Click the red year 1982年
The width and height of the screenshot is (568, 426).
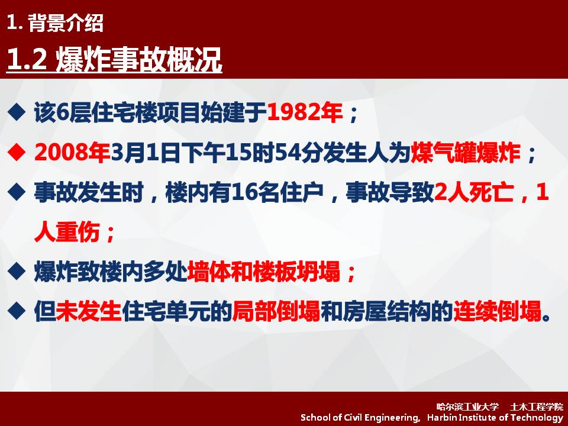click(x=305, y=112)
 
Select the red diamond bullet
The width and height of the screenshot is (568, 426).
click(x=17, y=153)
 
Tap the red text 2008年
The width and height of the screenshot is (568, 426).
click(x=72, y=153)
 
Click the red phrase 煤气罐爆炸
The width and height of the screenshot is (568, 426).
click(x=466, y=153)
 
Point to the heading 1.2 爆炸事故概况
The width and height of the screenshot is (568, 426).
click(x=114, y=59)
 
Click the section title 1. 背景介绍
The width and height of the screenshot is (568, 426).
click(x=55, y=23)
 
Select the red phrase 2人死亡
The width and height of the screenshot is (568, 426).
click(x=473, y=192)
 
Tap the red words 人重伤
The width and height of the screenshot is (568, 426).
click(x=67, y=232)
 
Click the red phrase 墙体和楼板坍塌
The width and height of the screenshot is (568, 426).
click(x=264, y=272)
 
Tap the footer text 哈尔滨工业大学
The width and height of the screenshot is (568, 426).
click(x=467, y=407)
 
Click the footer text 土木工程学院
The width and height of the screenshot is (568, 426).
click(x=537, y=407)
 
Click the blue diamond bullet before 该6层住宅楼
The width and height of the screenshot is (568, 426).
click(x=17, y=112)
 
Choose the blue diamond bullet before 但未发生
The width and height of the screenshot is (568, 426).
click(x=17, y=311)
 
